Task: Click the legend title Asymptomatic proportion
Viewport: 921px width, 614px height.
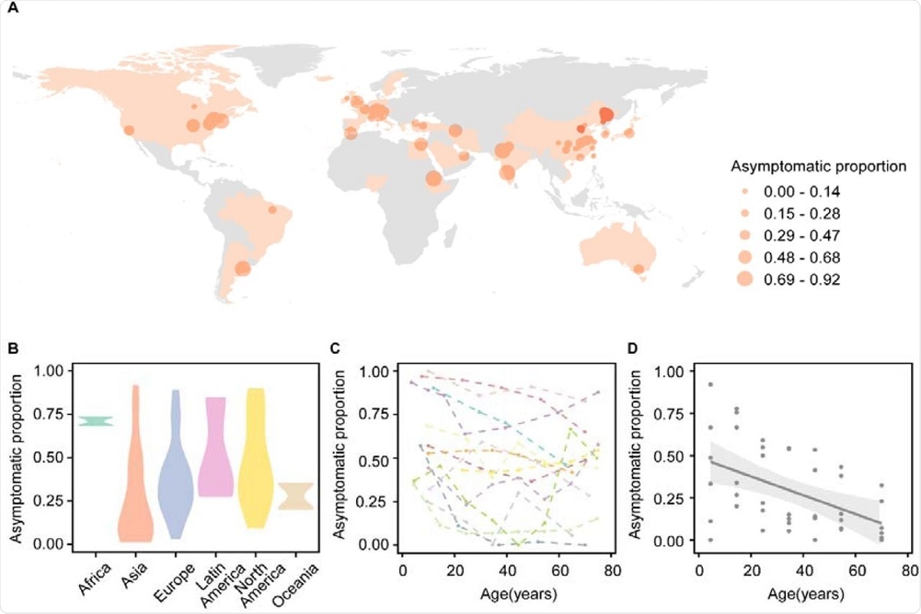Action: click(819, 166)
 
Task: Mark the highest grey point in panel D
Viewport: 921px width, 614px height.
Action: click(711, 385)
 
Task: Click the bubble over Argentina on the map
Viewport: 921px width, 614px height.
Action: click(242, 269)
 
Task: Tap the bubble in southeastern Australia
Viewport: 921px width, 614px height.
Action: click(639, 269)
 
